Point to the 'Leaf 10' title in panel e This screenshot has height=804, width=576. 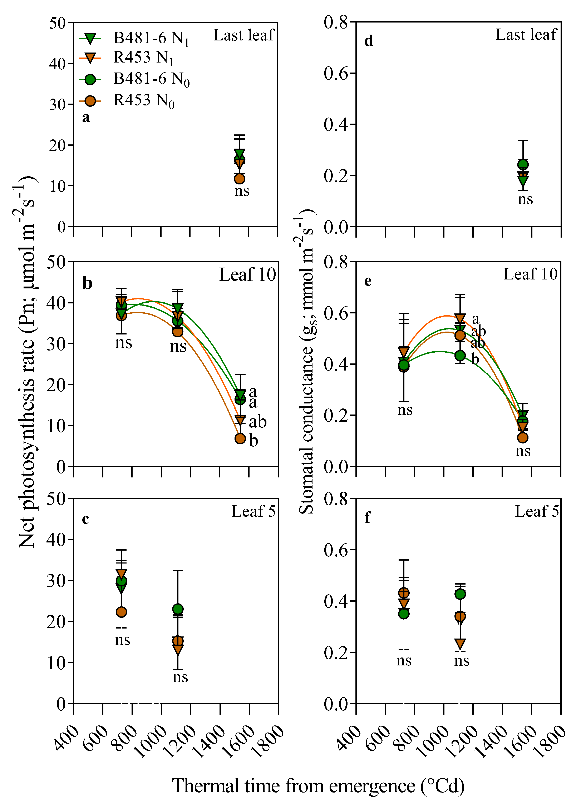(531, 274)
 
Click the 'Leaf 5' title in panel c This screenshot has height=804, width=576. (253, 511)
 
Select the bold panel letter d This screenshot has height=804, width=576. (369, 41)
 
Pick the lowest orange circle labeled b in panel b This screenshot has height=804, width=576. (240, 438)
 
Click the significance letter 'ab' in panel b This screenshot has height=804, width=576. (257, 422)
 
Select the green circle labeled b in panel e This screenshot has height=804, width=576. (460, 355)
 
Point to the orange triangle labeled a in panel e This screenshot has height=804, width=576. (460, 318)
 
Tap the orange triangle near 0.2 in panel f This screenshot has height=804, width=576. (460, 643)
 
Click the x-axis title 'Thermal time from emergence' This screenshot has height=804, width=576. (318, 786)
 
